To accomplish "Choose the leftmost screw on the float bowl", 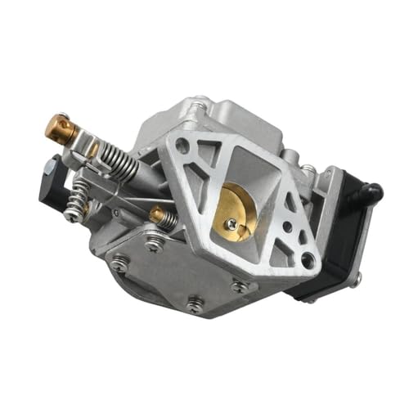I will coord(119,263).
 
